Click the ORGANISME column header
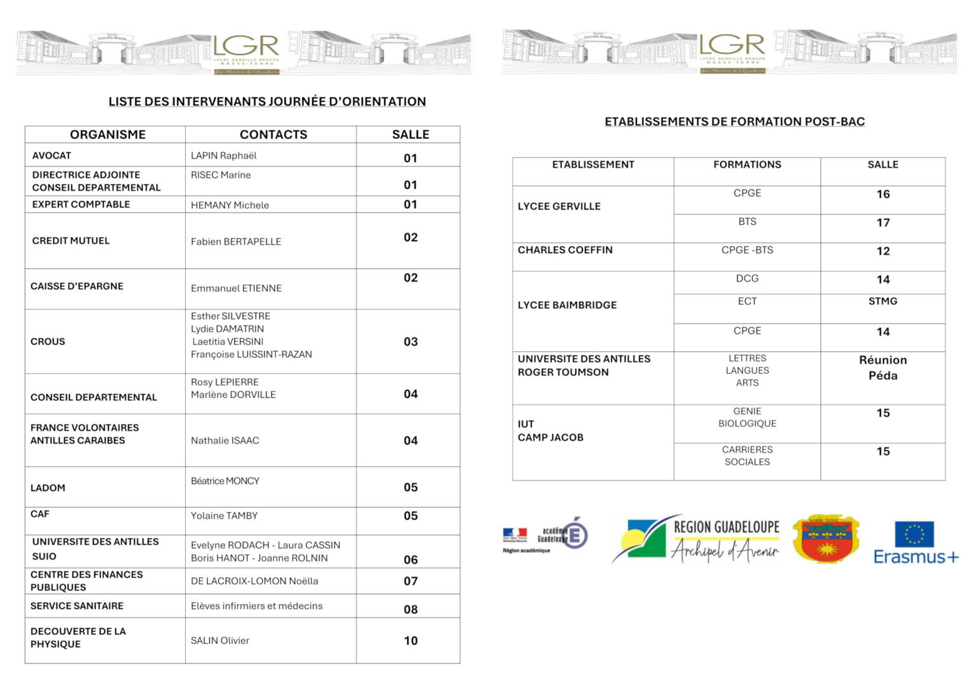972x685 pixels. pos(108,134)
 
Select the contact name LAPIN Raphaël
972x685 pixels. pos(223,155)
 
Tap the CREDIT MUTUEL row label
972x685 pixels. pos(71,240)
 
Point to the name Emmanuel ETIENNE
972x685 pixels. pos(236,288)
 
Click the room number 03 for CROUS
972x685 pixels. pos(410,342)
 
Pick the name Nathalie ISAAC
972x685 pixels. pos(225,440)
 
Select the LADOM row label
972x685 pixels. pos(48,488)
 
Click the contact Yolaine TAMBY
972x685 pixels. pos(224,516)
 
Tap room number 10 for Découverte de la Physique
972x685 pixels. pos(410,641)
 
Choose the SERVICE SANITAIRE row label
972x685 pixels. pos(77,606)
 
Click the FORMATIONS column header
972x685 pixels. pos(747,164)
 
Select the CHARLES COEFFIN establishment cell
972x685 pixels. pos(565,250)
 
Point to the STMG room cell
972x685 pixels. pos(883,301)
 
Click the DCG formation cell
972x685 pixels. pos(747,278)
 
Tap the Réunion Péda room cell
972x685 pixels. pos(883,368)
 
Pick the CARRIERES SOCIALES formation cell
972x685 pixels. pos(747,455)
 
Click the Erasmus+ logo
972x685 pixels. pos(916,542)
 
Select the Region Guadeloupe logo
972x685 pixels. pos(697,539)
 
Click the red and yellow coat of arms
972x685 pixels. pos(825,539)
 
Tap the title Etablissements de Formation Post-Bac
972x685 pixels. pos(734,122)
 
